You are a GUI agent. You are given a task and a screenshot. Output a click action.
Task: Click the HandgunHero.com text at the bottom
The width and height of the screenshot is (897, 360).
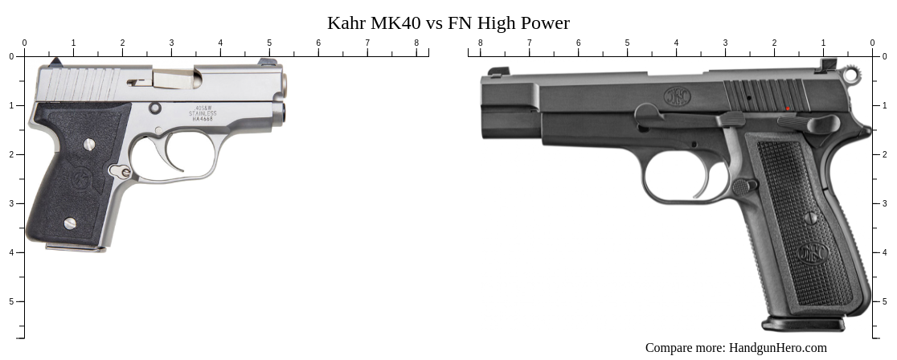click(x=777, y=348)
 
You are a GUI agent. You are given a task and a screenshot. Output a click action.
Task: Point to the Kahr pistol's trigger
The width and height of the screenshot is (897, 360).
click(x=175, y=157)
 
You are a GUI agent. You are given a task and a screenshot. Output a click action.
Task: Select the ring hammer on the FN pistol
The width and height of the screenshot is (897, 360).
click(x=851, y=76)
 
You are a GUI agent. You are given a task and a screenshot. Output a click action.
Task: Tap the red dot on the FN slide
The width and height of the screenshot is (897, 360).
click(x=788, y=108)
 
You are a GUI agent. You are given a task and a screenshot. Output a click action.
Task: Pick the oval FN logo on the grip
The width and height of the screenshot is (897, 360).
click(x=812, y=254)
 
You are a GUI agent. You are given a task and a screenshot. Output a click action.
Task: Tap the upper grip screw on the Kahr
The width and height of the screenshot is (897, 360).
click(x=89, y=145)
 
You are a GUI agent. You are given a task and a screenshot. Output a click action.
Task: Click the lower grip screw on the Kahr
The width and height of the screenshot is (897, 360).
click(x=70, y=223)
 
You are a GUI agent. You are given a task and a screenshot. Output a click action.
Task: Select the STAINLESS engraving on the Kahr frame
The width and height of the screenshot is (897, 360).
click(x=203, y=114)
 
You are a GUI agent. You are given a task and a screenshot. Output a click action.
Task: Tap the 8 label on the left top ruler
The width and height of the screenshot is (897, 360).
click(x=416, y=43)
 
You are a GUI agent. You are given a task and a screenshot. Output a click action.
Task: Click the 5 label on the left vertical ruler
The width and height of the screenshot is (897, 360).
click(x=10, y=301)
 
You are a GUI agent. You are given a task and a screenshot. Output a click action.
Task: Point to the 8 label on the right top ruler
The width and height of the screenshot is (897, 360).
click(x=481, y=43)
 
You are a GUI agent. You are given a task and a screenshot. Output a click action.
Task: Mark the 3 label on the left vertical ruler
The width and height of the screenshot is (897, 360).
click(x=10, y=203)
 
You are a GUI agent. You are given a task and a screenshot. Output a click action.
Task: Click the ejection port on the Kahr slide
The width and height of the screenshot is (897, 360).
click(x=172, y=79)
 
